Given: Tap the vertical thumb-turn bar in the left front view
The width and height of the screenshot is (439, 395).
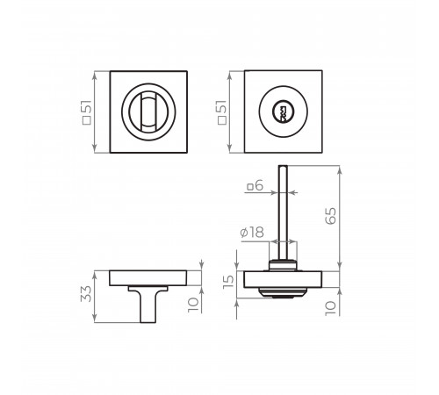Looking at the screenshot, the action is (148, 111).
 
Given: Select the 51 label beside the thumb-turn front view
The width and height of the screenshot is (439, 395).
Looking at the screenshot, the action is (88, 108).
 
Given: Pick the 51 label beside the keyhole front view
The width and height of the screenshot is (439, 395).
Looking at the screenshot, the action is (222, 108).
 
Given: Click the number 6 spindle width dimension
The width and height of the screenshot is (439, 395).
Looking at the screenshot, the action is (259, 186).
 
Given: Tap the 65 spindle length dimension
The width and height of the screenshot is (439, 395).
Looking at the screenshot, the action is (331, 216).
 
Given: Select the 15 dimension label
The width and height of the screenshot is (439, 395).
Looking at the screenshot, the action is (228, 282).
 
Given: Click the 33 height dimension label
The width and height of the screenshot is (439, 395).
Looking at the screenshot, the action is (86, 293).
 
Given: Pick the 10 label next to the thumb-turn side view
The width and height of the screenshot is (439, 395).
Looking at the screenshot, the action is (193, 305).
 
